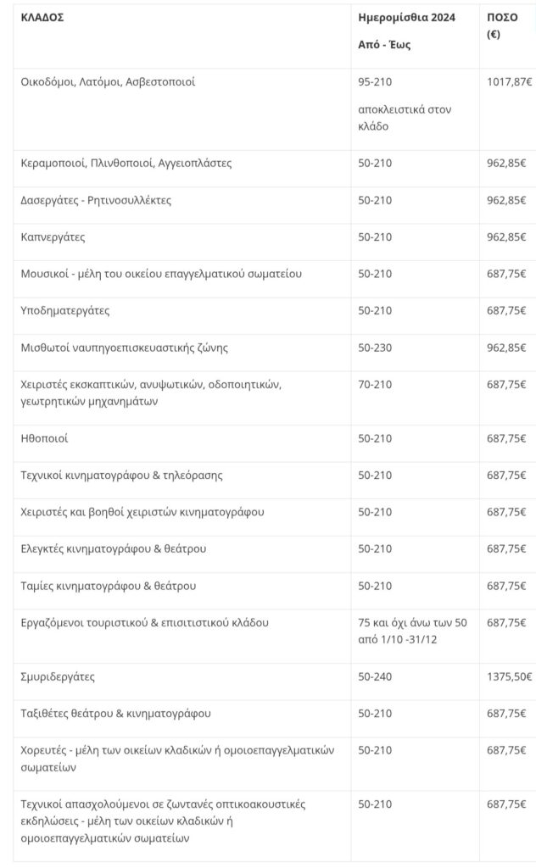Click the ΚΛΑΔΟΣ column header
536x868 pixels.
click(42, 17)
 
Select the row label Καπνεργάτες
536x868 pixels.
click(53, 236)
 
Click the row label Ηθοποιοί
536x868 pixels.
click(44, 438)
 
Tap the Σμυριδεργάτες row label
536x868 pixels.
click(58, 676)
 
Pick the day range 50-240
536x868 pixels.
click(376, 676)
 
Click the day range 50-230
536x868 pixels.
click(376, 347)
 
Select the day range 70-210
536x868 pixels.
click(376, 384)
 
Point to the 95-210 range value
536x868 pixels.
click(376, 82)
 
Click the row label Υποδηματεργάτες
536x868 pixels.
click(65, 310)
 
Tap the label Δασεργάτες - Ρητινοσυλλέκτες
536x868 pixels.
click(96, 200)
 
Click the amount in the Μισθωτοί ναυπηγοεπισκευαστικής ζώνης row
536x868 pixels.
click(506, 347)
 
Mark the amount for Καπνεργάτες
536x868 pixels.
click(506, 236)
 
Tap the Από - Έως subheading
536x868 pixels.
click(384, 45)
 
